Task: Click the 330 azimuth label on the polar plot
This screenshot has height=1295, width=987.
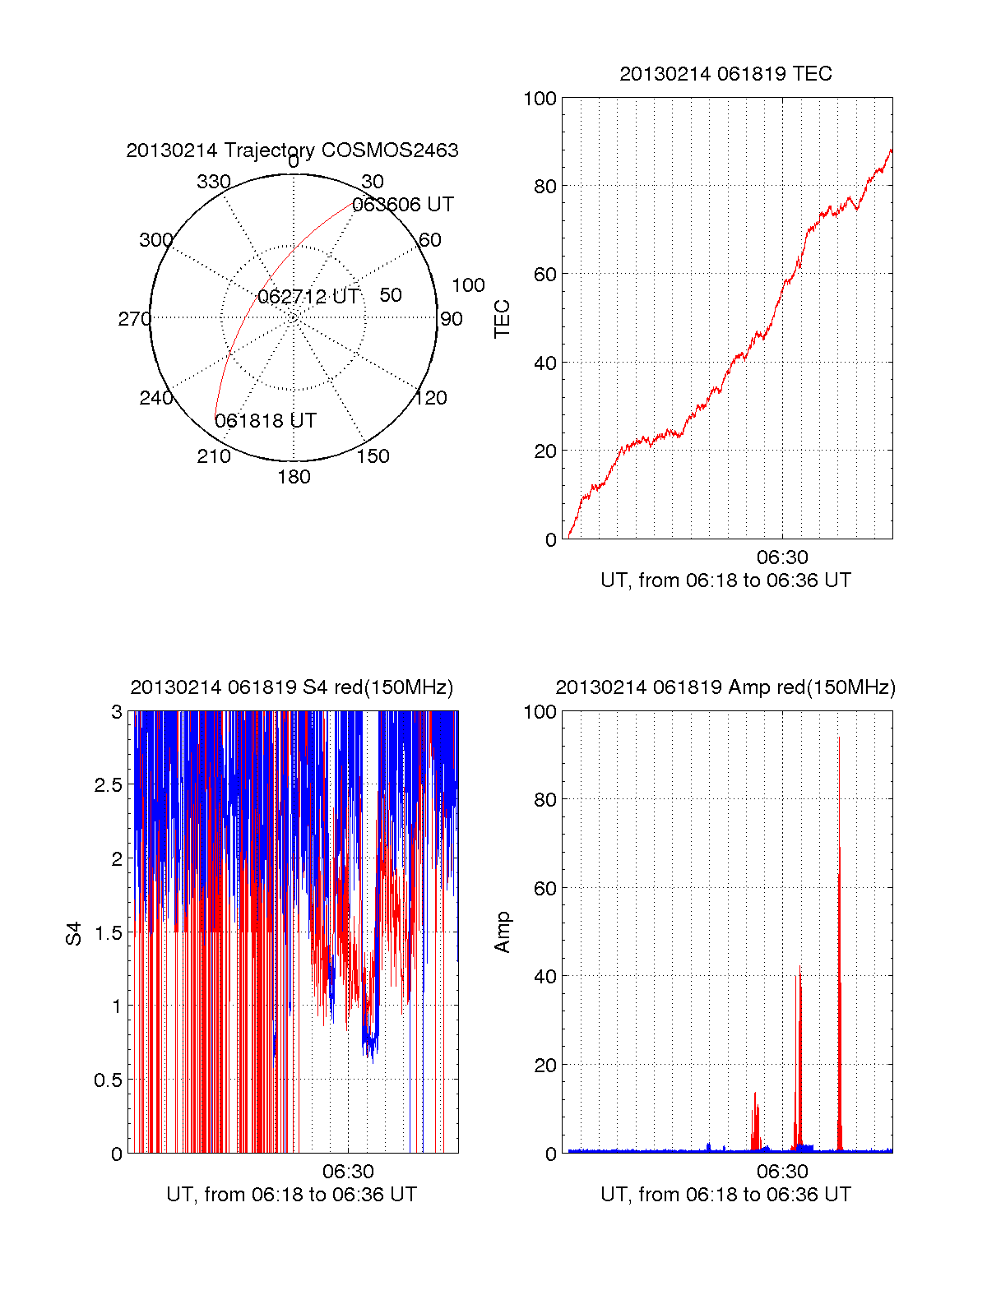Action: pos(213,182)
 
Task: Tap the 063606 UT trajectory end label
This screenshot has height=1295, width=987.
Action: pos(402,205)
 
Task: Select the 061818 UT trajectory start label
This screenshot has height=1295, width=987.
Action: pos(265,421)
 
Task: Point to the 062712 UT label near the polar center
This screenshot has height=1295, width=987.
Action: pos(308,297)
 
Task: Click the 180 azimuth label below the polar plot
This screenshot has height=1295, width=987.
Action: pos(294,477)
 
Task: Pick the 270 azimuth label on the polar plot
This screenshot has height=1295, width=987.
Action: pos(134,319)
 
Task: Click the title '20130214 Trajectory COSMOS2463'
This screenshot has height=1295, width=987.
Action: pos(292,150)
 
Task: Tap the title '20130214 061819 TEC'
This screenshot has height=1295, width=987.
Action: pos(725,74)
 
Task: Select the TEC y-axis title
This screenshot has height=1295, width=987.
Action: pos(502,318)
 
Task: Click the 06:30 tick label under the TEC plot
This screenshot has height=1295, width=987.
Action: pos(781,557)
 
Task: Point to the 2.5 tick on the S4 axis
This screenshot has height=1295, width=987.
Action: pos(108,785)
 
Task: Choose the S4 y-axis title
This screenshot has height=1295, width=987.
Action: pos(74,933)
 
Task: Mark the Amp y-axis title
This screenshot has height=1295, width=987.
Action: pos(502,932)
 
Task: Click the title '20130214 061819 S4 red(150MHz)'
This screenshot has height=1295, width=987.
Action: pos(292,687)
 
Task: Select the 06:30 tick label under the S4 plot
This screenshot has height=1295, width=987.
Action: pos(348,1172)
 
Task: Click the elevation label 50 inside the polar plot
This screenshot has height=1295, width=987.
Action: pos(391,295)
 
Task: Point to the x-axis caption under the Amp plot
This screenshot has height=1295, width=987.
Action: pos(725,1195)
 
